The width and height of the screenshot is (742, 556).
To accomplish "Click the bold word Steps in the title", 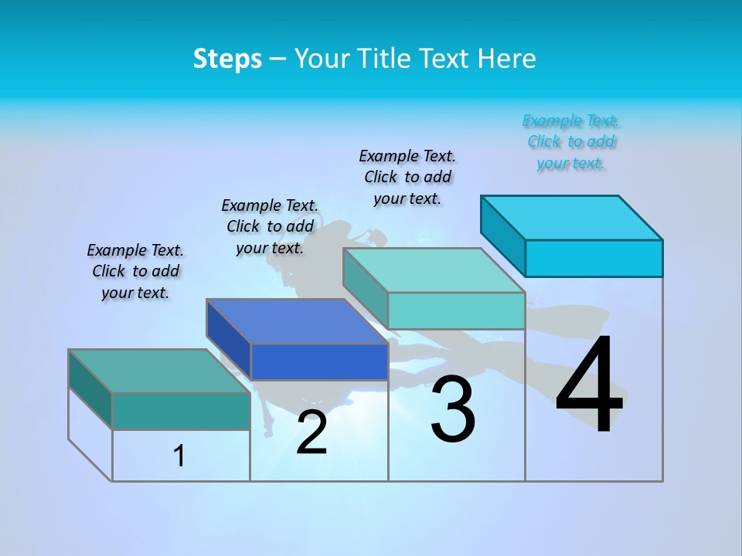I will point(227,59).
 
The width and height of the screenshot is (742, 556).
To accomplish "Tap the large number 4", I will point(589,385).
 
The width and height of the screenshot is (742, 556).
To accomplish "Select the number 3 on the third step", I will point(453,409).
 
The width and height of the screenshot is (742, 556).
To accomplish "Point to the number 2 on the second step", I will point(311,433).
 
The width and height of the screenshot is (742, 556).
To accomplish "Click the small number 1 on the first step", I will point(179,456).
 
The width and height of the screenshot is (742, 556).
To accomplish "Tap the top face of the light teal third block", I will point(434,270).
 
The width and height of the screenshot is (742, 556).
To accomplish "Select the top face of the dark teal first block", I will point(158,371).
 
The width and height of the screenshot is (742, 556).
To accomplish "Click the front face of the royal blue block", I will point(318,361).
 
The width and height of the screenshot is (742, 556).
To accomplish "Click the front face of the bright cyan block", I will point(593,258).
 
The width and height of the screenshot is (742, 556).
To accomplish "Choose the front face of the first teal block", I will point(181,411).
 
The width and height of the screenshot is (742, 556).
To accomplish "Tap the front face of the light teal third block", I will point(456,310).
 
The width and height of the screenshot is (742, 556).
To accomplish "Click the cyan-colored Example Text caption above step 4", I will point(571,141).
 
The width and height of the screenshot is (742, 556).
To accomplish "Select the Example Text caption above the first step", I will point(135,271).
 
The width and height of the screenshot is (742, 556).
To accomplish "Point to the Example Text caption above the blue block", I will point(270,226).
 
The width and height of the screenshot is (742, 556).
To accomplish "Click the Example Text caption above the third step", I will point(407,177).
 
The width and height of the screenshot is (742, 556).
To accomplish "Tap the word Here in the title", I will point(507,59).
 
